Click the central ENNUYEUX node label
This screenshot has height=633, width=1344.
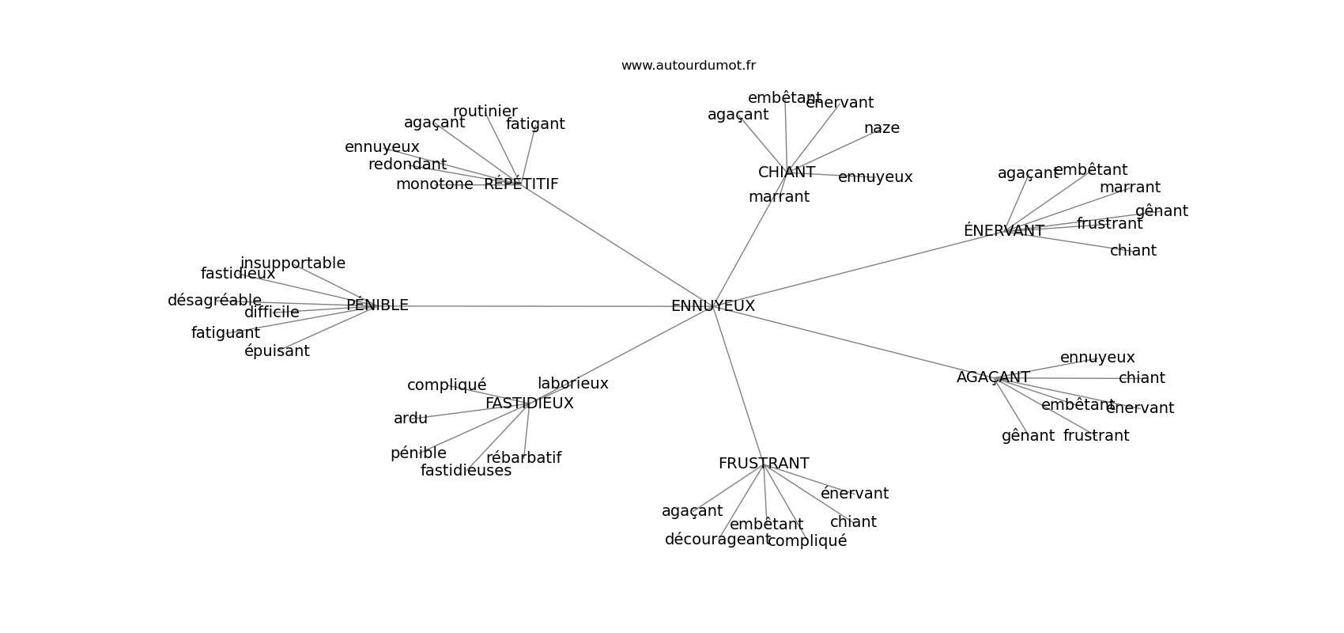point(712,306)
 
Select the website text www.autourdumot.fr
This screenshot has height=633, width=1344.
point(688,66)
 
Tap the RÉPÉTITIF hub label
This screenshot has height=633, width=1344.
point(521,184)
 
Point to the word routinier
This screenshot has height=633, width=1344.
point(485,112)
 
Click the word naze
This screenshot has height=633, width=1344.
point(882,128)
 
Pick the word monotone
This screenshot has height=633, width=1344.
point(434,184)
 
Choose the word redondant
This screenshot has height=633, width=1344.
point(407,165)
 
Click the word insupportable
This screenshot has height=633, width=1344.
point(293,263)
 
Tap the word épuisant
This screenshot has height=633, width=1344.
point(277,351)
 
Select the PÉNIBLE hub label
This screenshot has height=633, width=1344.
point(377,305)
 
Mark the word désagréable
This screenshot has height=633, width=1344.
point(214,301)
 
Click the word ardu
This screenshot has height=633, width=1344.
point(410,419)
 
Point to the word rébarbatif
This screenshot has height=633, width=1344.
point(523,458)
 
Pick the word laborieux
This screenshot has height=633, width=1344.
point(573,384)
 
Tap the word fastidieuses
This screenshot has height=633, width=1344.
point(466,471)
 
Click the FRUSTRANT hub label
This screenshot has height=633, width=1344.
point(764,464)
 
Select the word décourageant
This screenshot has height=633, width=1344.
point(717,540)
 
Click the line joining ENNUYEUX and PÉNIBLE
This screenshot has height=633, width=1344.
point(538,306)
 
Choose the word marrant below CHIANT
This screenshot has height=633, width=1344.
point(779,197)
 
